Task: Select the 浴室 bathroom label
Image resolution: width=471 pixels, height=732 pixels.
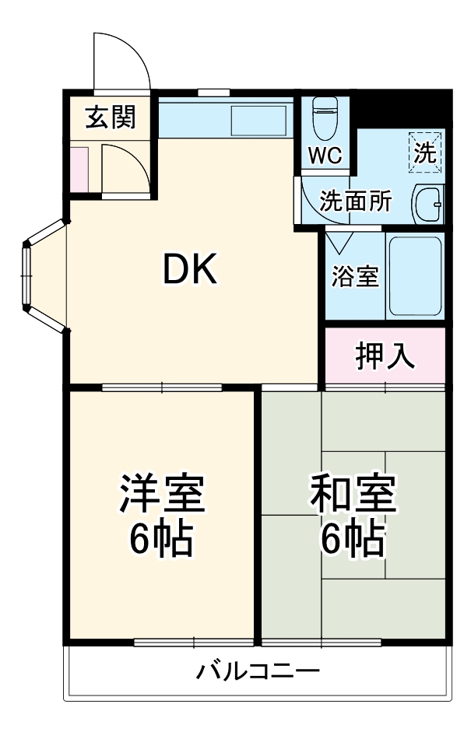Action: click(354, 276)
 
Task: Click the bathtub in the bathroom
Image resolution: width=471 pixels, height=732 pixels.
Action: click(414, 276)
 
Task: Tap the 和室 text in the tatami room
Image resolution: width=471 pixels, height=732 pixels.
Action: click(353, 495)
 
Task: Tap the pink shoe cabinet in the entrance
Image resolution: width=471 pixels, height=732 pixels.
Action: click(79, 168)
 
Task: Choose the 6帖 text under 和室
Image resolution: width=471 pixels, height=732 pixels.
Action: click(353, 539)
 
